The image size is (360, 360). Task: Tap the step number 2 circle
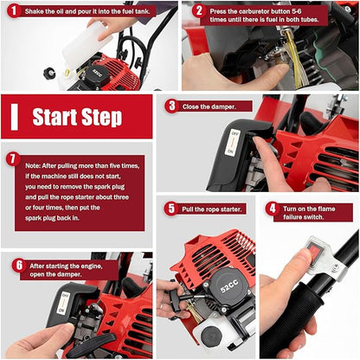[198, 11]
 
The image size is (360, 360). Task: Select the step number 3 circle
[171, 106]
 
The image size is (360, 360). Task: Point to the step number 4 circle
[272, 209]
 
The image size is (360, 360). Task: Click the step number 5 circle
[171, 208]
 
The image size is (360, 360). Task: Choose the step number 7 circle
[12, 159]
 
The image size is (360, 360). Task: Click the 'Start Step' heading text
[76, 117]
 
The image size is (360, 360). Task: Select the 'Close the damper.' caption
[215, 106]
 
